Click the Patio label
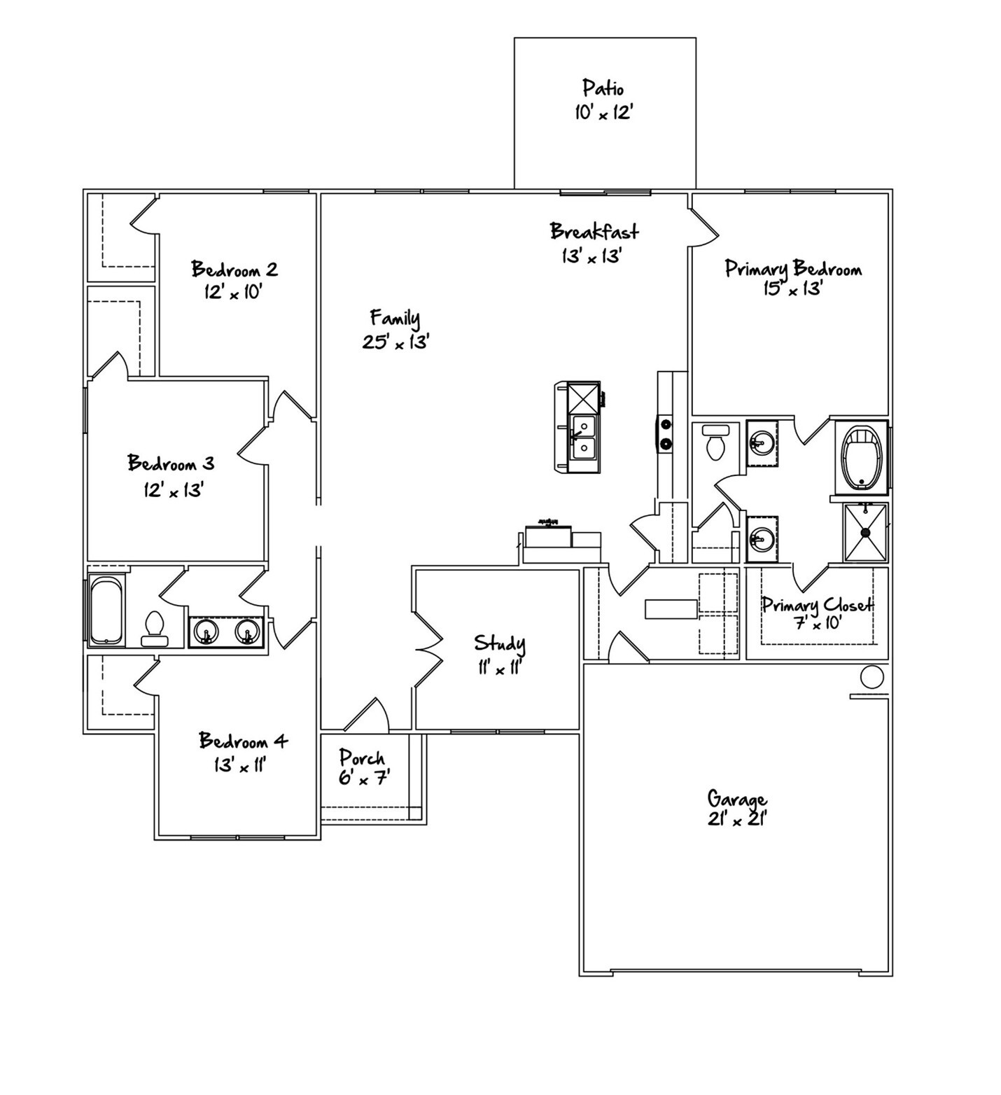pos(603,88)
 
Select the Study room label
pos(499,643)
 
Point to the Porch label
pos(362,758)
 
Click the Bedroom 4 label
pos(243,741)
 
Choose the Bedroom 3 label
pos(171,463)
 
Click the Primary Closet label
pos(817,604)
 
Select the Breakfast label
pos(594,231)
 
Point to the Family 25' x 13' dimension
pos(395,342)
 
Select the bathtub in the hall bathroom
pos(107,610)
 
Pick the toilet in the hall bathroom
pos(153,627)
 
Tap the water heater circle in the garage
pos(871,677)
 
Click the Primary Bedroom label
pos(793,269)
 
